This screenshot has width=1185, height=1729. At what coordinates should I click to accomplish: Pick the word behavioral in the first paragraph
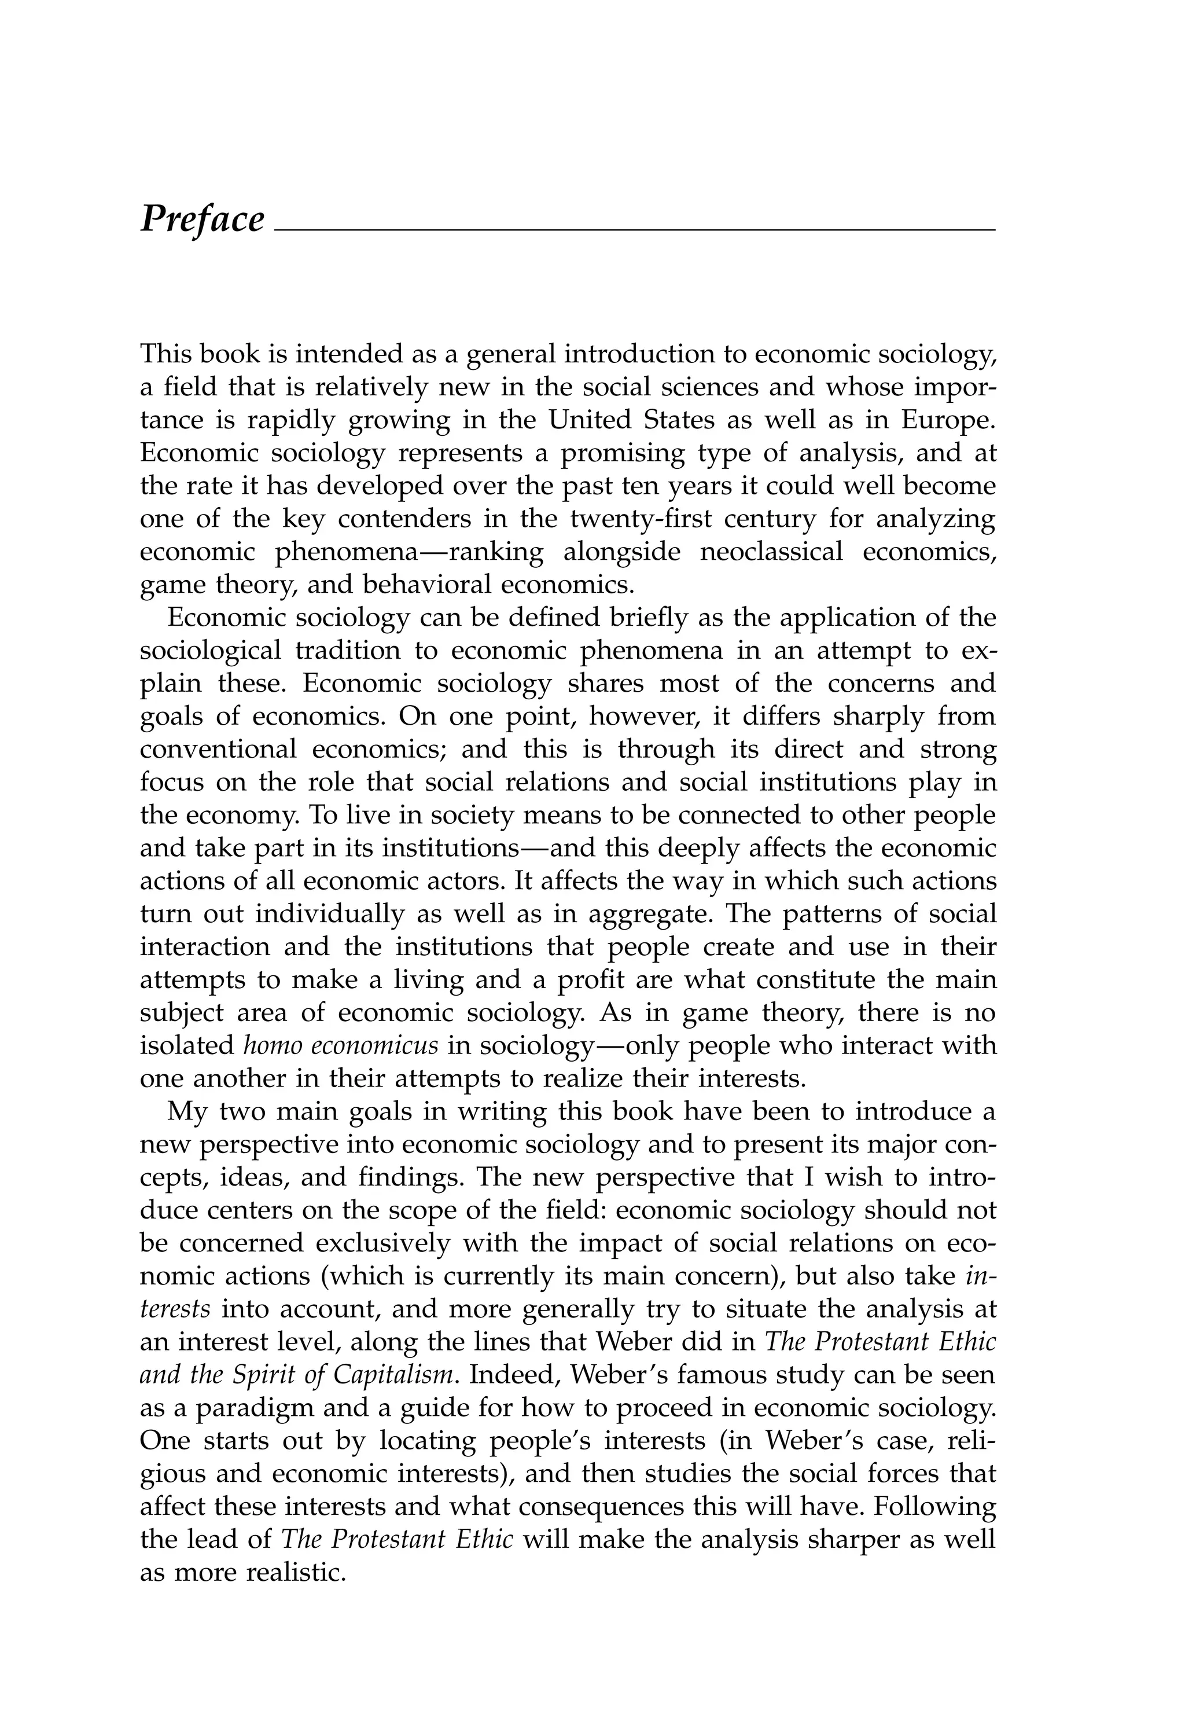pos(425,585)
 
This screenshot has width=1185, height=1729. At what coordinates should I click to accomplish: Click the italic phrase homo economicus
pos(341,1045)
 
